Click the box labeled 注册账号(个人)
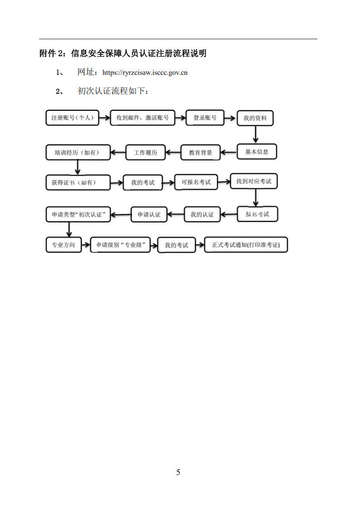tap(72, 118)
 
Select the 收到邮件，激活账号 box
tap(142, 118)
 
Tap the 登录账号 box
tap(205, 118)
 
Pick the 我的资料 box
tap(255, 118)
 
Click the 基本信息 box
tap(257, 151)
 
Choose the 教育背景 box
tap(200, 153)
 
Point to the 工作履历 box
tap(146, 153)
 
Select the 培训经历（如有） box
tap(78, 153)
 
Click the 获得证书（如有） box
tap(78, 183)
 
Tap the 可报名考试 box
tap(196, 182)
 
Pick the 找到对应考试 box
tap(253, 181)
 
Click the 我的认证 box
tap(202, 214)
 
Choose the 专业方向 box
tap(63, 245)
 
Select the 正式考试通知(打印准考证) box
tap(246, 245)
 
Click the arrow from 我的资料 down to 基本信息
tap(255, 135)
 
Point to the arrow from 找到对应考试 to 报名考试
tap(255, 197)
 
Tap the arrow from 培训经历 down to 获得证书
tap(77, 167)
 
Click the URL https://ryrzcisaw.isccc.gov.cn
tap(145, 73)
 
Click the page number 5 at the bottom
tap(178, 472)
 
